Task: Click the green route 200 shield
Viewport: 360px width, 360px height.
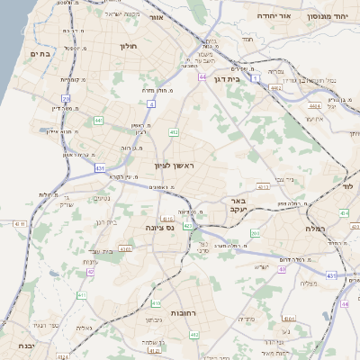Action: [x=255, y=233]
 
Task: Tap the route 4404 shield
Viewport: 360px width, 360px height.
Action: [x=314, y=107]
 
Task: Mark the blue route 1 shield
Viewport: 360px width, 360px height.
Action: [x=256, y=79]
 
